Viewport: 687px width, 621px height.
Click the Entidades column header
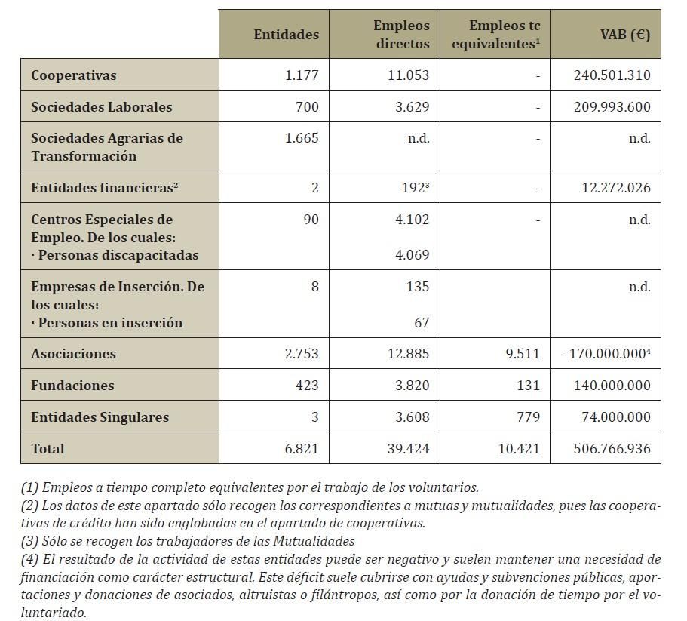(286, 35)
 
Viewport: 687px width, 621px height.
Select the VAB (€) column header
(625, 35)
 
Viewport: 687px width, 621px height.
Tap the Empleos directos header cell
(401, 35)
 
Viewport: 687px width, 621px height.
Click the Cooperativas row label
(74, 75)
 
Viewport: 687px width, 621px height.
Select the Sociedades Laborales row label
(101, 107)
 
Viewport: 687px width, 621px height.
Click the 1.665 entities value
(303, 138)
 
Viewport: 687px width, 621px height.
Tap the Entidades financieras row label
(104, 188)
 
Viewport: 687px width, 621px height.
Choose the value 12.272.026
(616, 188)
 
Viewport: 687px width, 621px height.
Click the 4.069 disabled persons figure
(413, 255)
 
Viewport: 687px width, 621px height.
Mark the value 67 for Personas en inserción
(422, 323)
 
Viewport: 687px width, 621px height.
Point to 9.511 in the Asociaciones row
(523, 354)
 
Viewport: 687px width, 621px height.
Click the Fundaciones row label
(72, 386)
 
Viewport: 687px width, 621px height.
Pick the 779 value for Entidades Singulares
(529, 417)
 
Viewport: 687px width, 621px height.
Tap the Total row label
(48, 449)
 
